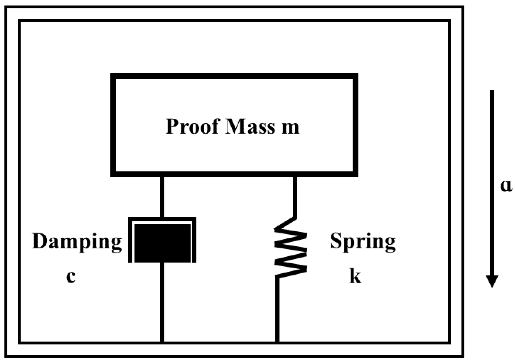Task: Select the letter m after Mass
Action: tap(290, 127)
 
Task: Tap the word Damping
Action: tap(77, 242)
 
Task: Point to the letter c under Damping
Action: tap(71, 277)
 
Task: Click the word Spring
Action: tap(363, 242)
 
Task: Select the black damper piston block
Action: tap(162, 243)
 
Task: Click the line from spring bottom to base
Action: tap(277, 309)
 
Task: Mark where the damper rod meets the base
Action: tap(162, 342)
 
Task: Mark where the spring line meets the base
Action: tap(277, 342)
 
